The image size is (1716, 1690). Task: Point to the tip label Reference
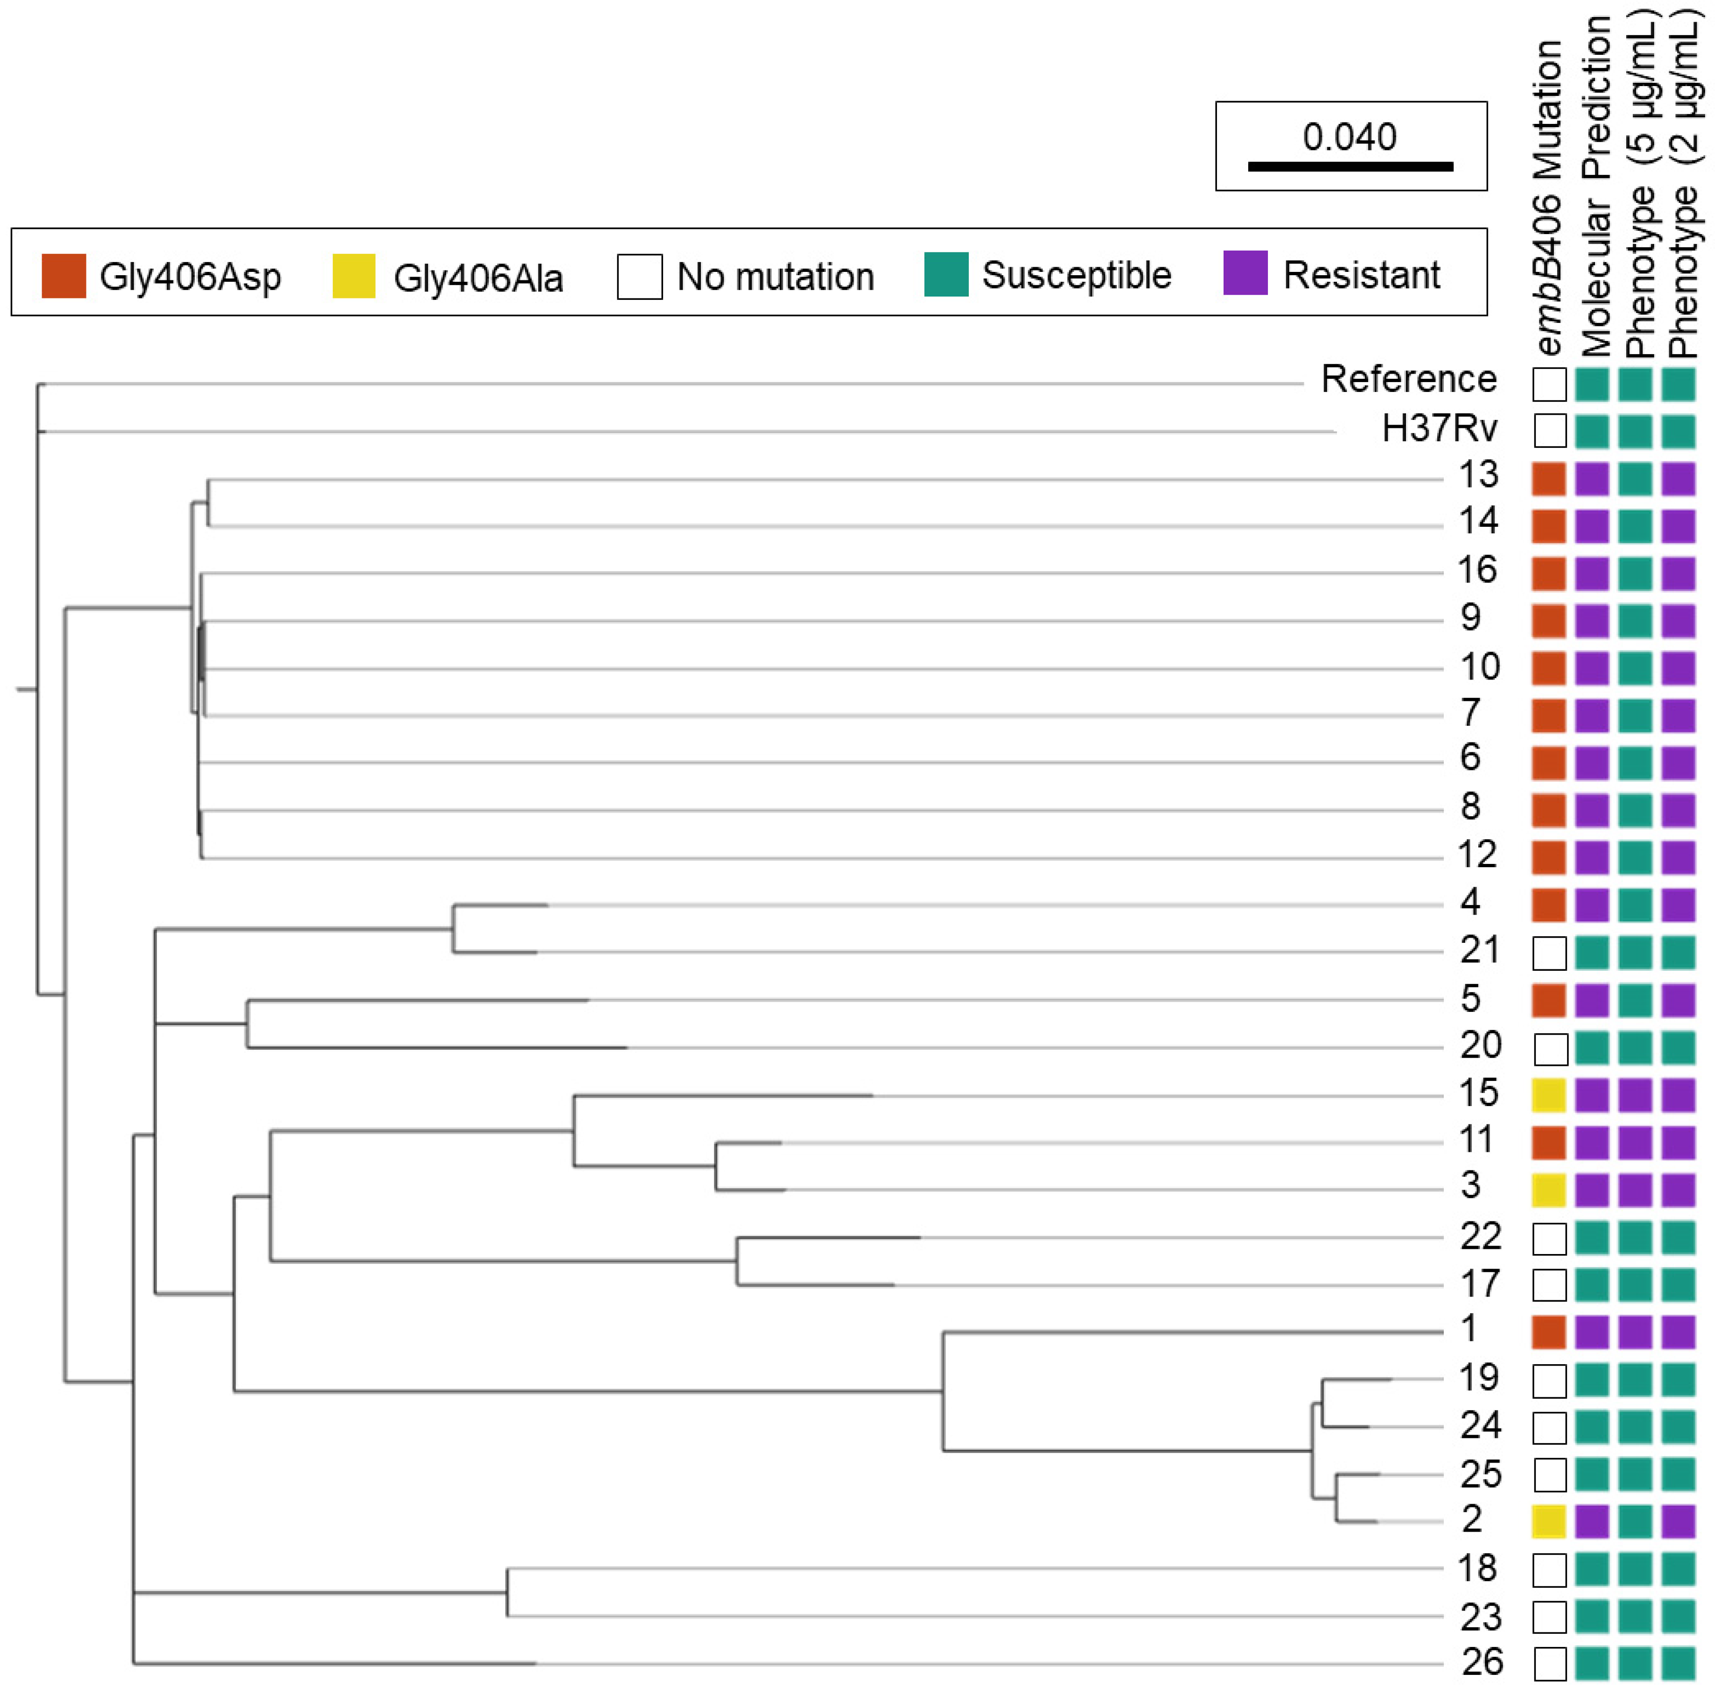(1408, 379)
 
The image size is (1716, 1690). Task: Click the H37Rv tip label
(1439, 429)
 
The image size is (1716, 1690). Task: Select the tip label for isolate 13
(1478, 475)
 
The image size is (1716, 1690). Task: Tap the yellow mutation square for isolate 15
(1548, 1095)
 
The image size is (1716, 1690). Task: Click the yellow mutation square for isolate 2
(1548, 1521)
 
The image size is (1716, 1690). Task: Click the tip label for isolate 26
(1481, 1662)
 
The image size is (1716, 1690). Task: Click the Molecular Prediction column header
(1595, 186)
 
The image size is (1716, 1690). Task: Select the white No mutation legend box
(639, 276)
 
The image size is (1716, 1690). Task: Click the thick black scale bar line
(1350, 166)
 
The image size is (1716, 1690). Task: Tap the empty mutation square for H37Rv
(1549, 430)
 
